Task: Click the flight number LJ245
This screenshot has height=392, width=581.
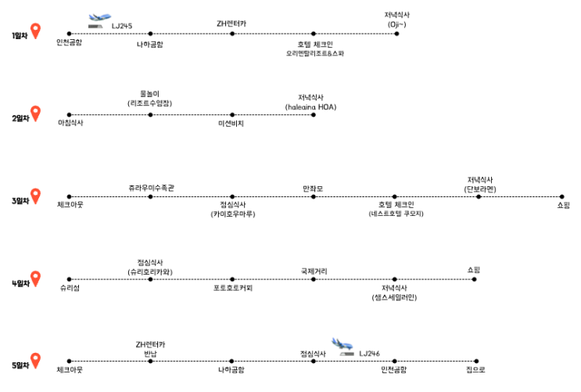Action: tap(122, 26)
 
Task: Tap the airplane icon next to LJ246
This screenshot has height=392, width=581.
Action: tap(343, 345)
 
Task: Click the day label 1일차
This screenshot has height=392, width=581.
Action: tap(19, 36)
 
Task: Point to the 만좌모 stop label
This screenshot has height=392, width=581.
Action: tap(313, 188)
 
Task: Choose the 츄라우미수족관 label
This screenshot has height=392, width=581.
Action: tap(151, 188)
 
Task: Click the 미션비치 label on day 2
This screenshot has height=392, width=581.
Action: tap(231, 123)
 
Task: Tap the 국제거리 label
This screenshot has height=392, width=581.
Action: tap(314, 271)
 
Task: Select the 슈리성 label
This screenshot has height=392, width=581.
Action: tap(69, 288)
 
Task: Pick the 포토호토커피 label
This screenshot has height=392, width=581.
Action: tap(233, 288)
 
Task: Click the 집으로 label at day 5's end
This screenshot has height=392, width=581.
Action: tap(475, 369)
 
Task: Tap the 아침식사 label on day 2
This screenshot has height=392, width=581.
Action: tap(70, 123)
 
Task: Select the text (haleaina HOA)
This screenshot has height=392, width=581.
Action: tap(313, 106)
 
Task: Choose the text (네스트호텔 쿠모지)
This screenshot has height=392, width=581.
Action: tap(396, 214)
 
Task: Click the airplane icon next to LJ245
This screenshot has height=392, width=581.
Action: tap(99, 20)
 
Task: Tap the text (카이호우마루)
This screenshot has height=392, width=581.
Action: tap(232, 214)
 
